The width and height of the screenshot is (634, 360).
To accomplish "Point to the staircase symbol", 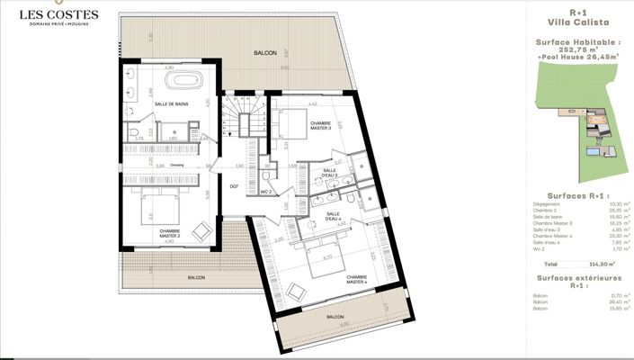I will tap(241, 112).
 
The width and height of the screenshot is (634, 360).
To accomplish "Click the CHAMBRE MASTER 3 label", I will tap(321, 125).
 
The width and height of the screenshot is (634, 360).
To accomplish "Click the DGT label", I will tap(234, 186).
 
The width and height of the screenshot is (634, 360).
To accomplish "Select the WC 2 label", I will tap(266, 193).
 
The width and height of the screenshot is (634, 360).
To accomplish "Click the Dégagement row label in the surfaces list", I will tap(548, 205).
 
